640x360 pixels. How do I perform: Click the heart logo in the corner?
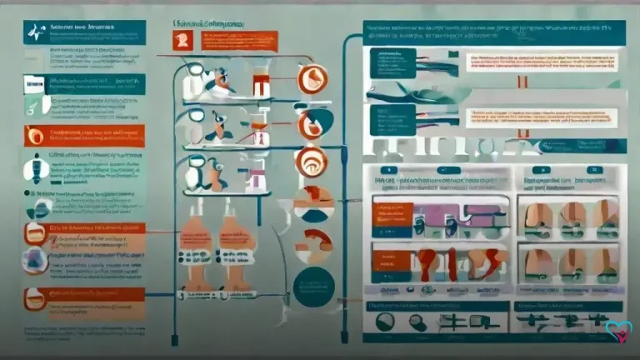pos(617,332)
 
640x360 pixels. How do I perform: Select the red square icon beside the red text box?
pos(181,40)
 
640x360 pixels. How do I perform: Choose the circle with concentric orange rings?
pos(312,161)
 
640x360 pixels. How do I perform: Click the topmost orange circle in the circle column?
pos(312,78)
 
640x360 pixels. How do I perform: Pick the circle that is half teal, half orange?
pos(313,202)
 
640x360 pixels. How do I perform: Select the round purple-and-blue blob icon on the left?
pos(35,264)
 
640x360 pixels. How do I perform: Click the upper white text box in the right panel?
pos(541,63)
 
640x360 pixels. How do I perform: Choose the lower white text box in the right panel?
pos(541,117)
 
